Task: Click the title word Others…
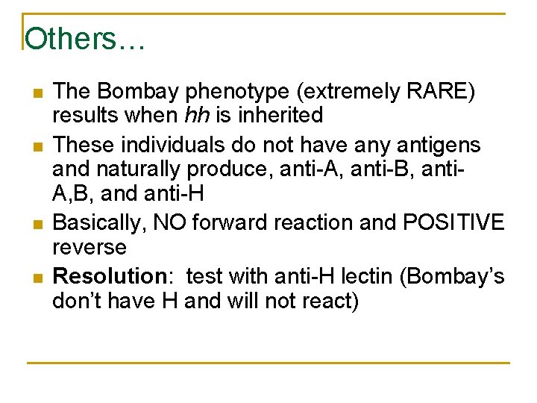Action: coord(84,39)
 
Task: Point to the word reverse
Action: coord(89,246)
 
